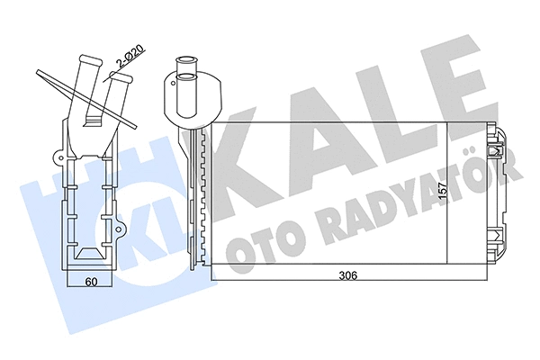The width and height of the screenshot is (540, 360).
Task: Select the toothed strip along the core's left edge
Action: tap(206, 198)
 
